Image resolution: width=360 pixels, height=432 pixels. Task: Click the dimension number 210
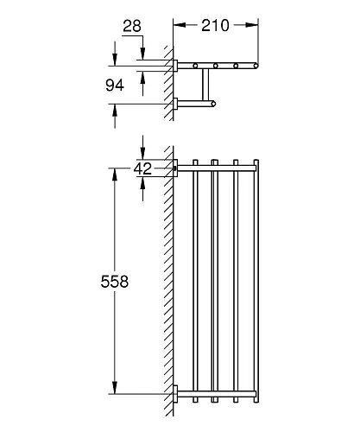(x=215, y=26)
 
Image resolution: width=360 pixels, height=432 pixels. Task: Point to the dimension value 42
(x=142, y=169)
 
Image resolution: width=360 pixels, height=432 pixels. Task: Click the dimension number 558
(x=115, y=281)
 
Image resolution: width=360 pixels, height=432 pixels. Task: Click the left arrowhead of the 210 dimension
(x=178, y=26)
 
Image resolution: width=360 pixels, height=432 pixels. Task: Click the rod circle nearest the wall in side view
(x=195, y=66)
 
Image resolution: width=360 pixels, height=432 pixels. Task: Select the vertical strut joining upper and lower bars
(x=205, y=85)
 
